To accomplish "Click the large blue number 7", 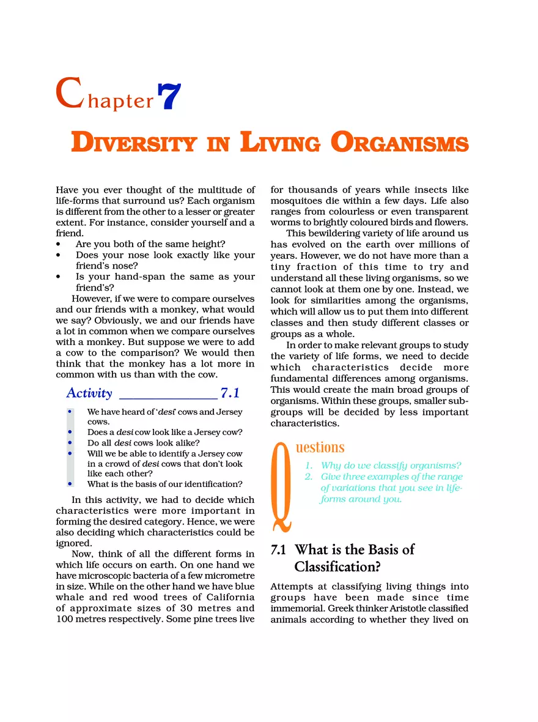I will click(169, 96).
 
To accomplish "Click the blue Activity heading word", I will click(89, 393).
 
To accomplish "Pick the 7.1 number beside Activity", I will click(230, 393).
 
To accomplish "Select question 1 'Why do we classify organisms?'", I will click(391, 465).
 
